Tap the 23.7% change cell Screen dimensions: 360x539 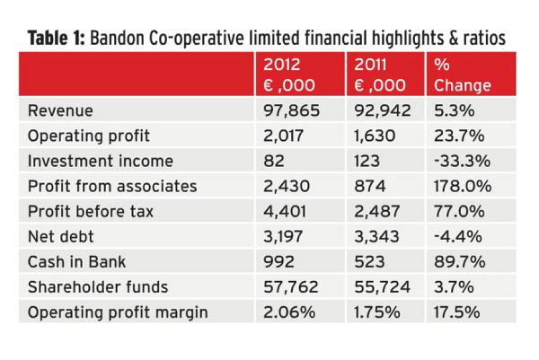point(459,137)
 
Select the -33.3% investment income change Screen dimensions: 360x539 point(461,162)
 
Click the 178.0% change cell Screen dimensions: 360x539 point(463,188)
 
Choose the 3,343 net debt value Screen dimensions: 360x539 point(375,238)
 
